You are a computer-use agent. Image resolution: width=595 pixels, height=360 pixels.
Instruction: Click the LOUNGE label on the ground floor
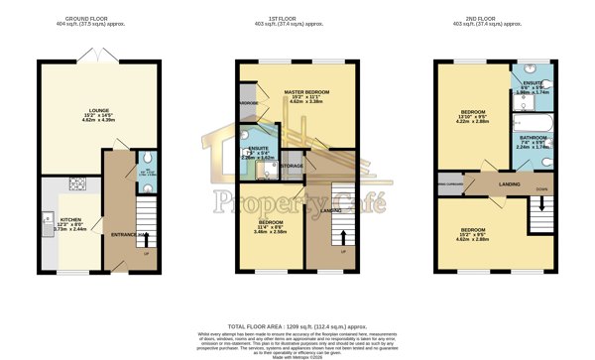click(x=99, y=110)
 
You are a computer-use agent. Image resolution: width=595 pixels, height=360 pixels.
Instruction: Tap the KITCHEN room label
click(x=70, y=219)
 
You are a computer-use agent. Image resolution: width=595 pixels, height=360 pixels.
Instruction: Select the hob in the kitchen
click(x=77, y=183)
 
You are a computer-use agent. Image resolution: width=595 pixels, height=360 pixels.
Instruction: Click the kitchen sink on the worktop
click(x=47, y=219)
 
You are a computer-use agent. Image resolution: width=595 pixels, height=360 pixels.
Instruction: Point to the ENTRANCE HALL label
click(x=127, y=234)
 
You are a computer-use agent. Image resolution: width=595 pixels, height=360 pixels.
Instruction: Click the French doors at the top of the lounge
click(x=98, y=57)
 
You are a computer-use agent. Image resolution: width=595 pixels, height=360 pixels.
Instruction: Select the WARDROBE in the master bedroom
click(x=248, y=103)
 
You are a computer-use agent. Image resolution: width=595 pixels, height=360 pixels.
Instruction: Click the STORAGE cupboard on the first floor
click(x=292, y=166)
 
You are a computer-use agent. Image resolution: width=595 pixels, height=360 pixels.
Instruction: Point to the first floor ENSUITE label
click(x=258, y=148)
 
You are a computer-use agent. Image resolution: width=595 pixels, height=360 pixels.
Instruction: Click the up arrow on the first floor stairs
click(x=344, y=237)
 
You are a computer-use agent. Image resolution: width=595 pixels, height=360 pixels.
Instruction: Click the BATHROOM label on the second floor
click(x=534, y=138)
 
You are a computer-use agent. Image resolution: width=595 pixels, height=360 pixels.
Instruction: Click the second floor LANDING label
click(x=510, y=184)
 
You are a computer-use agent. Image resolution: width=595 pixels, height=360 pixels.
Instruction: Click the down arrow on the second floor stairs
click(x=541, y=205)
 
